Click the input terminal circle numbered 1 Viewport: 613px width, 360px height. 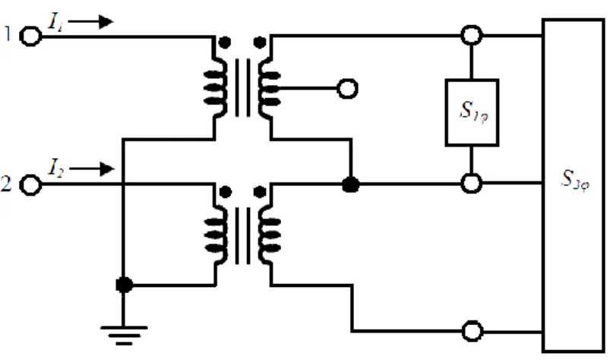pyautogui.click(x=30, y=36)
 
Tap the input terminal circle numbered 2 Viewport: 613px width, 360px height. pyautogui.click(x=30, y=185)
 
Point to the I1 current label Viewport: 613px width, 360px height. pyautogui.click(x=55, y=21)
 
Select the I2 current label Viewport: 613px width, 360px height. pyautogui.click(x=55, y=168)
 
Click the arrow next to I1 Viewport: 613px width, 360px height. pyautogui.click(x=90, y=21)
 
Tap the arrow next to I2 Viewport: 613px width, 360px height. pyautogui.click(x=91, y=169)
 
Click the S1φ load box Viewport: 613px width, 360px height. pyautogui.click(x=472, y=112)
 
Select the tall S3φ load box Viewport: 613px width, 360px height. pyautogui.click(x=574, y=185)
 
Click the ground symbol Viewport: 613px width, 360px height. pyautogui.click(x=124, y=336)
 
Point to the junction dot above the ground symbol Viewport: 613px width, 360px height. pyautogui.click(x=124, y=285)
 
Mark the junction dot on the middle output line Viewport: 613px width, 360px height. pyautogui.click(x=351, y=185)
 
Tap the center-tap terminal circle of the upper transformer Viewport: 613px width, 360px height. pyautogui.click(x=347, y=88)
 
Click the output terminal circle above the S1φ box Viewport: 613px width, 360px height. pyautogui.click(x=472, y=35)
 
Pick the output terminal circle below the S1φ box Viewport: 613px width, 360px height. pyautogui.click(x=472, y=183)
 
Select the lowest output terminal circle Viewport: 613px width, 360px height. pyautogui.click(x=472, y=331)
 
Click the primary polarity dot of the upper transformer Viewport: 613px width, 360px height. pyautogui.click(x=224, y=43)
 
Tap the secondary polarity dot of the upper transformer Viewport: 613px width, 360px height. pyautogui.click(x=260, y=43)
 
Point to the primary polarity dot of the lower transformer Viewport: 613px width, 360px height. pyautogui.click(x=225, y=192)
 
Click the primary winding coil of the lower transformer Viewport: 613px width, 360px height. pyautogui.click(x=216, y=235)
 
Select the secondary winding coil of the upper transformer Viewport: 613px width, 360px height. pyautogui.click(x=270, y=88)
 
